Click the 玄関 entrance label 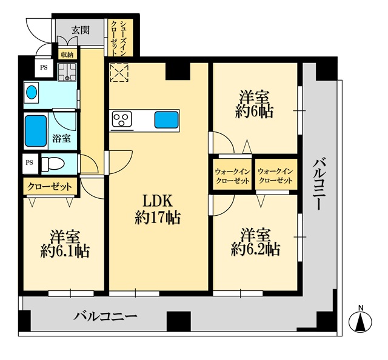(x=81, y=30)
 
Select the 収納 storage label (x=67, y=55)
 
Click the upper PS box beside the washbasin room (x=44, y=67)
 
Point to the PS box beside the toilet (x=30, y=163)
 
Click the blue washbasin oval (x=32, y=93)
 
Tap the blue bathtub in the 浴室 (x=36, y=131)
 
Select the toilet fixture (x=53, y=164)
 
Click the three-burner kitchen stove (x=122, y=119)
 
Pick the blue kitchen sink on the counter (x=167, y=120)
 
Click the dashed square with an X (x=119, y=73)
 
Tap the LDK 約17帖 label (x=158, y=209)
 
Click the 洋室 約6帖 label (x=255, y=104)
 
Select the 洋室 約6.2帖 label (x=255, y=242)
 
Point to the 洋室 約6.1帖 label (x=65, y=244)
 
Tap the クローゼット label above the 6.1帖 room (x=50, y=187)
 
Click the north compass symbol (x=360, y=320)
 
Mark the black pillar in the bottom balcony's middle (x=179, y=321)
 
